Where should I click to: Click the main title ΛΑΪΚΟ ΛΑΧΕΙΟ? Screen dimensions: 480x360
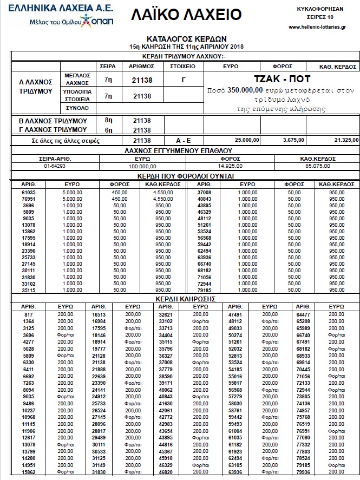click(x=186, y=15)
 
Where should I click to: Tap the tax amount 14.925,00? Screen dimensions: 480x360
click(x=230, y=166)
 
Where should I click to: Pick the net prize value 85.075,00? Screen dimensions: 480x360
click(x=317, y=166)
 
